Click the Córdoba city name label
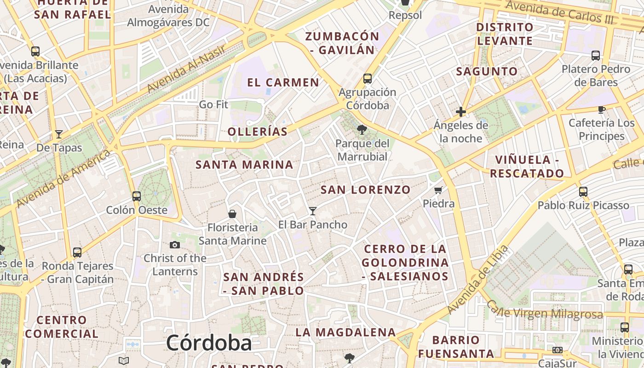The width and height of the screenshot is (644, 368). coord(209,343)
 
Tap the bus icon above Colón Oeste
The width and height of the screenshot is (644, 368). coord(137,196)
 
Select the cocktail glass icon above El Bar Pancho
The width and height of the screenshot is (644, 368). coord(313,211)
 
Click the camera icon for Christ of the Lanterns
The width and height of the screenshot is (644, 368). coord(175,245)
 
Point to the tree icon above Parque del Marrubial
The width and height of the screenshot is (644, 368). coord(362,130)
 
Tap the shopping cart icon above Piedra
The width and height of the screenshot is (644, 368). coord(438,190)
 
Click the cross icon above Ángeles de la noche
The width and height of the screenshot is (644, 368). coord(460,112)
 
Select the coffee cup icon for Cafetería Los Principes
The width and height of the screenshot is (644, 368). coord(601,109)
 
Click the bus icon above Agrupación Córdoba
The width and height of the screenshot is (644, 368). coord(368,79)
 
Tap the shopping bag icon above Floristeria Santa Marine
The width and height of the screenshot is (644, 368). coord(232,214)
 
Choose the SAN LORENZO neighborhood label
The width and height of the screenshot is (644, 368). coord(366,190)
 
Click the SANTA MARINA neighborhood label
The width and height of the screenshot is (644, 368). coord(244,164)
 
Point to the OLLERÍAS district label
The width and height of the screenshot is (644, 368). coord(258,132)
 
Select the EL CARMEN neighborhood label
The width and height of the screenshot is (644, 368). coord(283,83)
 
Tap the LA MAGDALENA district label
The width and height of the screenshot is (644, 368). coord(345,332)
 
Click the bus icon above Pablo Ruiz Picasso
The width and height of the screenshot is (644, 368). coord(583,192)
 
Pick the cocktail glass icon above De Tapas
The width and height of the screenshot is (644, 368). coord(59,134)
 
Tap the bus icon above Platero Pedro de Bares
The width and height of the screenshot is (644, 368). coord(596,56)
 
